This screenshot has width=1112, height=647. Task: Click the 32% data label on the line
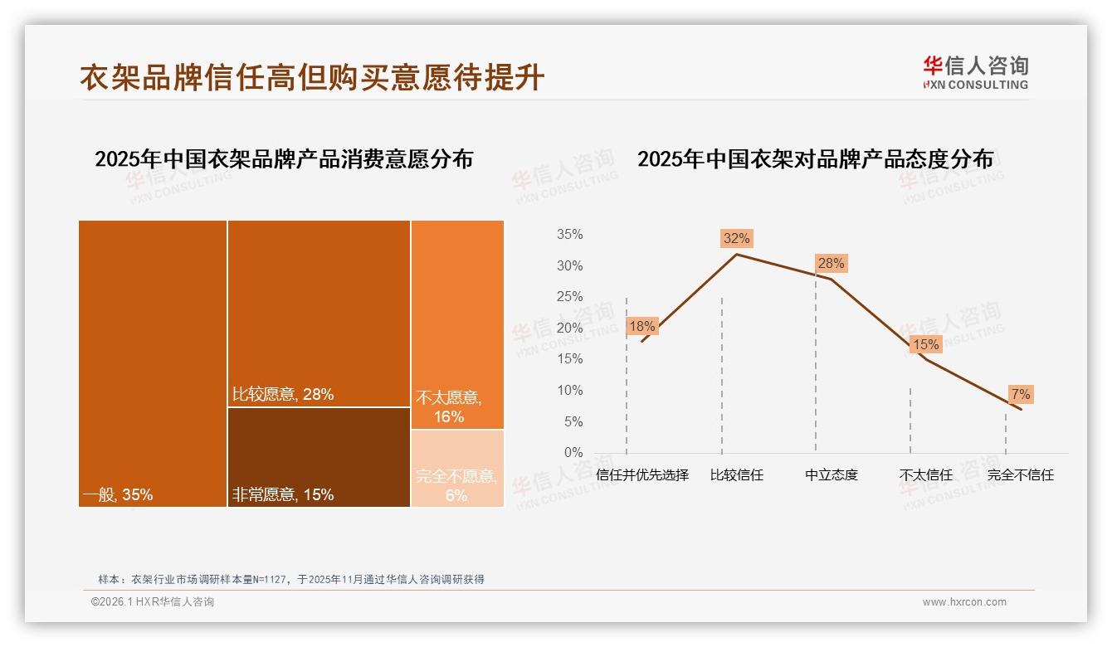click(x=736, y=239)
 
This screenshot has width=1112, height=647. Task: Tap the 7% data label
click(x=1021, y=394)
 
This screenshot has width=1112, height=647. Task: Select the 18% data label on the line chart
click(x=641, y=326)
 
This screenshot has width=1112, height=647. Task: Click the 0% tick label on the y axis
click(x=573, y=453)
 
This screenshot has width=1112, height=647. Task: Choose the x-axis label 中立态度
click(x=832, y=475)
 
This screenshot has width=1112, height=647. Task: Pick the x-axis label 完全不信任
click(x=1020, y=475)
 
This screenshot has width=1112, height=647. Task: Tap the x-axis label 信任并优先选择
click(x=642, y=475)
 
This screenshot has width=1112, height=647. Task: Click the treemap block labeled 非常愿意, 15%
click(x=319, y=456)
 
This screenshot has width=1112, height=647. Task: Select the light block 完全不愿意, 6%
click(x=457, y=468)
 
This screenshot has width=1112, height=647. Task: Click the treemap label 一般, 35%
click(x=118, y=495)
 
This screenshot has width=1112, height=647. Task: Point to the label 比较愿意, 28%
click(x=282, y=395)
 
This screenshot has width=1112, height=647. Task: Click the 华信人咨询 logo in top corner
click(x=975, y=72)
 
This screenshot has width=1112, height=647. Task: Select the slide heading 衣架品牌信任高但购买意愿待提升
click(x=312, y=77)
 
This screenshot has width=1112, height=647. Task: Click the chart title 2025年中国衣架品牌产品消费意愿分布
click(x=284, y=159)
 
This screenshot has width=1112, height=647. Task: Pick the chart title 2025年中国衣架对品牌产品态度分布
click(x=815, y=159)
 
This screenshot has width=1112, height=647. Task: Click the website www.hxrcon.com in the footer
click(x=964, y=602)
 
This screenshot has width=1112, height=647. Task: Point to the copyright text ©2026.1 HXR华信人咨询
click(x=153, y=602)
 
